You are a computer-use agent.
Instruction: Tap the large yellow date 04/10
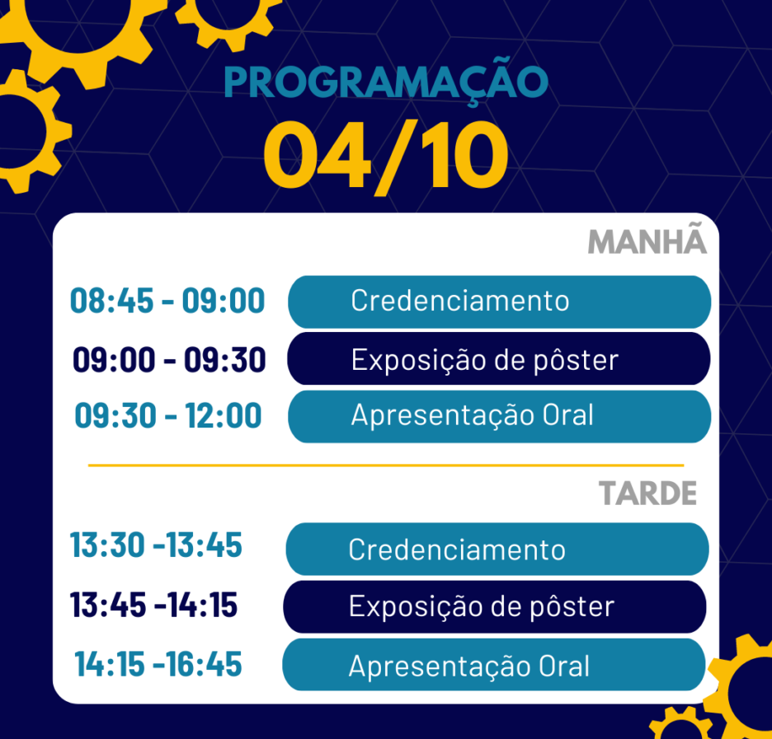click(386, 157)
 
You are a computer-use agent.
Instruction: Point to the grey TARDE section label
click(648, 493)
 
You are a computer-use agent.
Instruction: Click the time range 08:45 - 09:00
click(167, 301)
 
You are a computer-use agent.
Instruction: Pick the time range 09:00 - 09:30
click(169, 359)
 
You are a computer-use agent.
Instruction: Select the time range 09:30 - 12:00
click(168, 416)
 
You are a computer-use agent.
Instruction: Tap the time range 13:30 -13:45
click(156, 545)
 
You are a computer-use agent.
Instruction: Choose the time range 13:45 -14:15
click(153, 604)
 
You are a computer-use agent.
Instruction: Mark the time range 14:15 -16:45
click(158, 664)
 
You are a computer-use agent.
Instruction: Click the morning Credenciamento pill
click(499, 302)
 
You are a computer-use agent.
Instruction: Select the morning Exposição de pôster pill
click(499, 358)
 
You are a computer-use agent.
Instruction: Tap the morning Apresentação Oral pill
click(499, 416)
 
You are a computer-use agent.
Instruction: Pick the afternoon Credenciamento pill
click(497, 549)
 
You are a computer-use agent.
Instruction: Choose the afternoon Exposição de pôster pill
click(495, 606)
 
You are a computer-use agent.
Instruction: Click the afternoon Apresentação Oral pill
click(494, 664)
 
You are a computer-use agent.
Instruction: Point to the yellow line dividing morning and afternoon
click(386, 465)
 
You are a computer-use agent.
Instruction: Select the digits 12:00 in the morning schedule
click(223, 416)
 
